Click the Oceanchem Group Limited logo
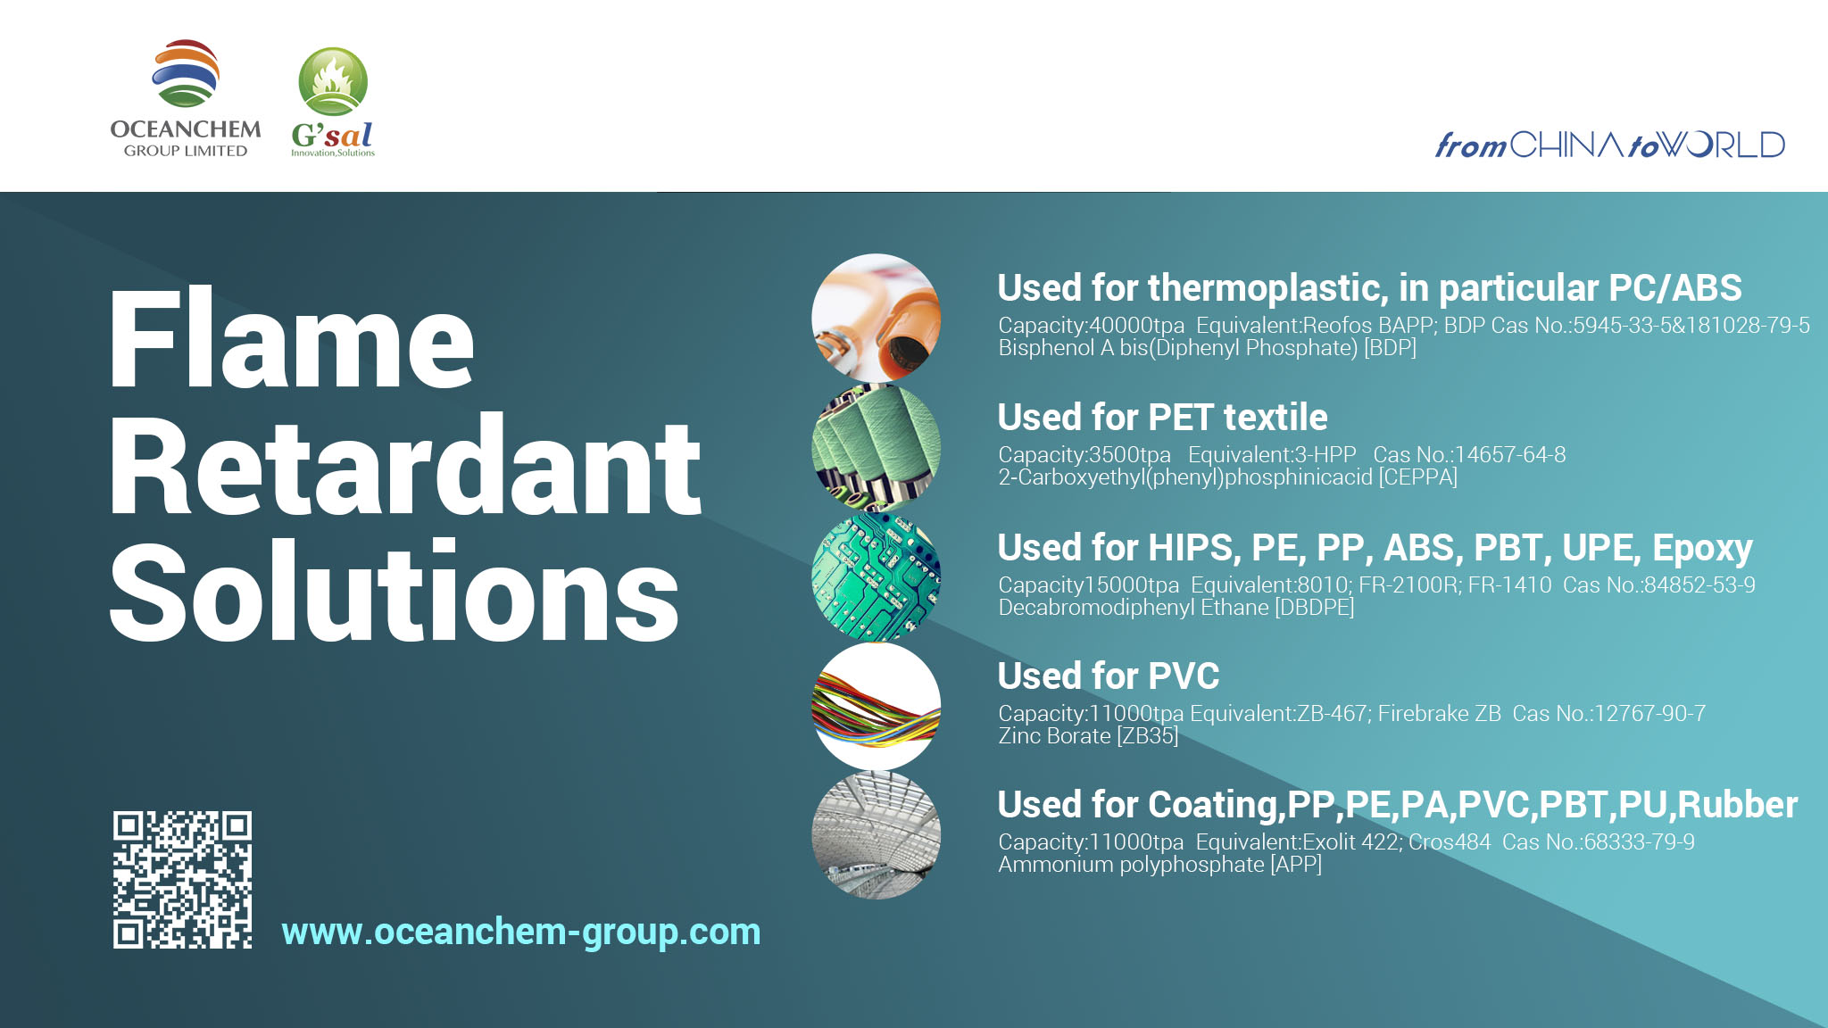(186, 98)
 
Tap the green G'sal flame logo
(333, 102)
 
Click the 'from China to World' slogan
(1609, 145)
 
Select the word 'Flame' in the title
(291, 339)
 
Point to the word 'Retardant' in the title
(405, 465)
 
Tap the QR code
(182, 879)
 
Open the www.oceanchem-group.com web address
(521, 932)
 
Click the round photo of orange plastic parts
(876, 318)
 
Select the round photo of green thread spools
(876, 447)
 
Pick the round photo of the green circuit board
(876, 576)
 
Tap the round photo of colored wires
(876, 706)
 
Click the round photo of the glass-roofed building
(876, 834)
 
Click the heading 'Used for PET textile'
(1162, 417)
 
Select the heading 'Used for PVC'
(1108, 676)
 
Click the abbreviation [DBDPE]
(1315, 608)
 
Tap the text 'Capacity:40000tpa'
(1092, 326)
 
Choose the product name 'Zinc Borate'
(1054, 736)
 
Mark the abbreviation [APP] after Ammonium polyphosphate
(1296, 865)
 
